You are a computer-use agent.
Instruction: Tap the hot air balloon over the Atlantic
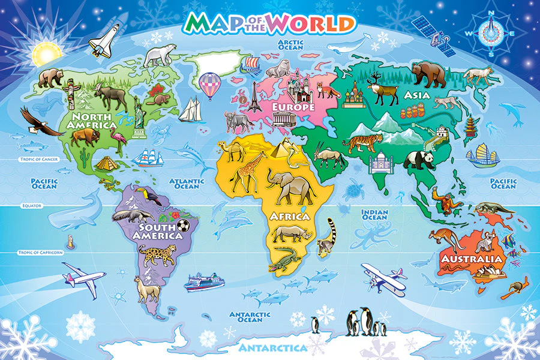(x=209, y=85)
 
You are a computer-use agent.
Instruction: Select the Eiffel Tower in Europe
(x=255, y=97)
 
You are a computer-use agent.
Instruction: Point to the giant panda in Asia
(x=418, y=160)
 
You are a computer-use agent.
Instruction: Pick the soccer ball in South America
(x=183, y=226)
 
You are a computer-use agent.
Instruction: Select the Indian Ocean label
(x=374, y=215)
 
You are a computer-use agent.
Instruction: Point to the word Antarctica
(x=273, y=348)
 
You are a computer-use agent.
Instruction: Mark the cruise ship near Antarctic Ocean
(x=203, y=281)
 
